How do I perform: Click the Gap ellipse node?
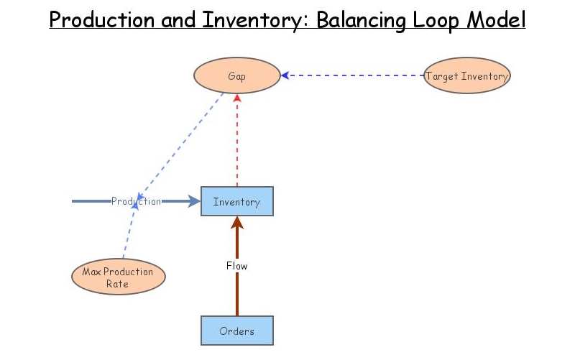236,76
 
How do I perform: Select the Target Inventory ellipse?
466,76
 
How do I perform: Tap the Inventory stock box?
236,202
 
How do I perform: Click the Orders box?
236,331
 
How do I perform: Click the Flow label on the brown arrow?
236,266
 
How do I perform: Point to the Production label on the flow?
136,202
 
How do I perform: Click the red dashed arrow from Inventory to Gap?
236,144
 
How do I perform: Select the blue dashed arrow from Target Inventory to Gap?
352,75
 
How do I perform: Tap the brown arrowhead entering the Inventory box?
236,223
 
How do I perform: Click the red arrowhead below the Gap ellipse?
236,98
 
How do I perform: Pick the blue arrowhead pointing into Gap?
285,75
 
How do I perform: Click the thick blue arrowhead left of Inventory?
194,202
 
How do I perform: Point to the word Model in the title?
497,19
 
